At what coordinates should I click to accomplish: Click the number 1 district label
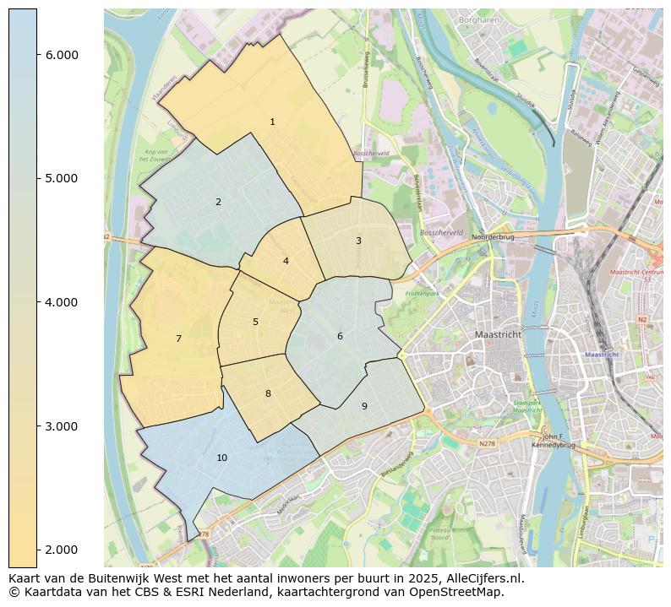click(272, 122)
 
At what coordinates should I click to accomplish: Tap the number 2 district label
click(218, 203)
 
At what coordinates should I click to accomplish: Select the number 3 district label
click(358, 241)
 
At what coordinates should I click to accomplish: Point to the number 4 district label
click(286, 262)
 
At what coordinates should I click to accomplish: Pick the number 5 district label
click(255, 322)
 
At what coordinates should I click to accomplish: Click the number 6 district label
click(340, 337)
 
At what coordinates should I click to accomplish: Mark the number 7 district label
click(178, 339)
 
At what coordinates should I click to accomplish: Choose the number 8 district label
click(268, 394)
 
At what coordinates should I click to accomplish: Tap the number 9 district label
click(364, 407)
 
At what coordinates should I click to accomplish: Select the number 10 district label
click(221, 458)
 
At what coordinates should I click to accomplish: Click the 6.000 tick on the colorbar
click(62, 55)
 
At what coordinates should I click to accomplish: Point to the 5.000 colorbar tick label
click(62, 178)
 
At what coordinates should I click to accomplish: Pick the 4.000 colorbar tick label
click(62, 302)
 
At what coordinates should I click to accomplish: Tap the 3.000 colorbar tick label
click(62, 426)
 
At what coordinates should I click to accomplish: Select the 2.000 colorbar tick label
click(62, 550)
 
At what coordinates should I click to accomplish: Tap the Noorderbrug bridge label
click(494, 238)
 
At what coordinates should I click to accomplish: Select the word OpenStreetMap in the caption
click(461, 592)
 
